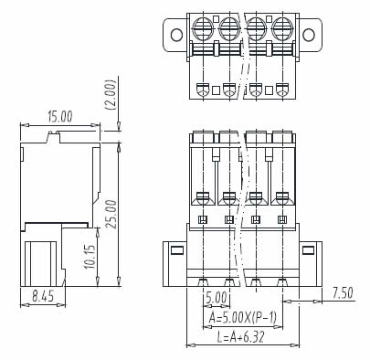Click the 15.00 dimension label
[x=60, y=117]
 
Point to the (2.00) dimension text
[x=110, y=95]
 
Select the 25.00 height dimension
[x=111, y=214]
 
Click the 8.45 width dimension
[x=43, y=296]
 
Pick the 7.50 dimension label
[x=343, y=293]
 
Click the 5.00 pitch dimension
[x=216, y=297]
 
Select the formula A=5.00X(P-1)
[x=243, y=318]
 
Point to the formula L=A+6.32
[x=240, y=337]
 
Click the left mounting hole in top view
[x=176, y=35]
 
